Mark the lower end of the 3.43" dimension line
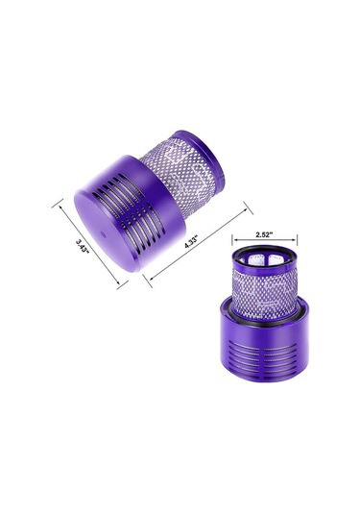click(120, 284)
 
